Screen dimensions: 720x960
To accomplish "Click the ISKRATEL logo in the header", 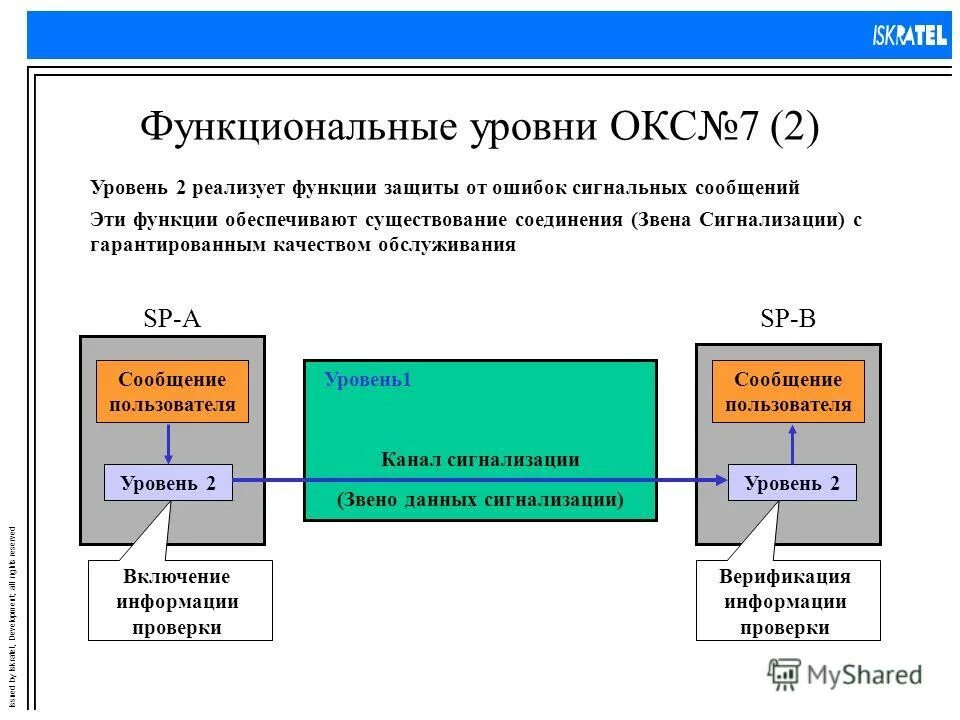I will pos(908,36).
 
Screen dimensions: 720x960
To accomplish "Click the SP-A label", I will pos(172,318).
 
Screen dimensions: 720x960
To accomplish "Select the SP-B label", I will pos(788,318).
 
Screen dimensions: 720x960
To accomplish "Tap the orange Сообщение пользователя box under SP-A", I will pos(172,392).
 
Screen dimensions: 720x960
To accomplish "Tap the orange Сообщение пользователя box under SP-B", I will pos(788,392).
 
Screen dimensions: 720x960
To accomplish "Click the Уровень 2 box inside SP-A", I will pos(168,483).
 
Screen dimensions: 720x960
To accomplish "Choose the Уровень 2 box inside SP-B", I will pos(792,483).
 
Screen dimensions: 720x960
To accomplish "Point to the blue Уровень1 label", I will pos(368,380).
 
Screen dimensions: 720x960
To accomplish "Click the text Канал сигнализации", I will pos(480,460).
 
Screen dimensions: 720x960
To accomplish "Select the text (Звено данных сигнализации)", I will pos(480,499).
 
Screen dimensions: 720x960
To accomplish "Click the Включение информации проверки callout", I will pos(180,602).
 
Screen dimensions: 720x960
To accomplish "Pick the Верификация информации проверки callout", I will pos(788,602).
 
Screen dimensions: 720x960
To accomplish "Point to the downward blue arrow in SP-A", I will pos(168,443).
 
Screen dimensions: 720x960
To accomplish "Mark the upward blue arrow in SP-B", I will pos(792,443).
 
